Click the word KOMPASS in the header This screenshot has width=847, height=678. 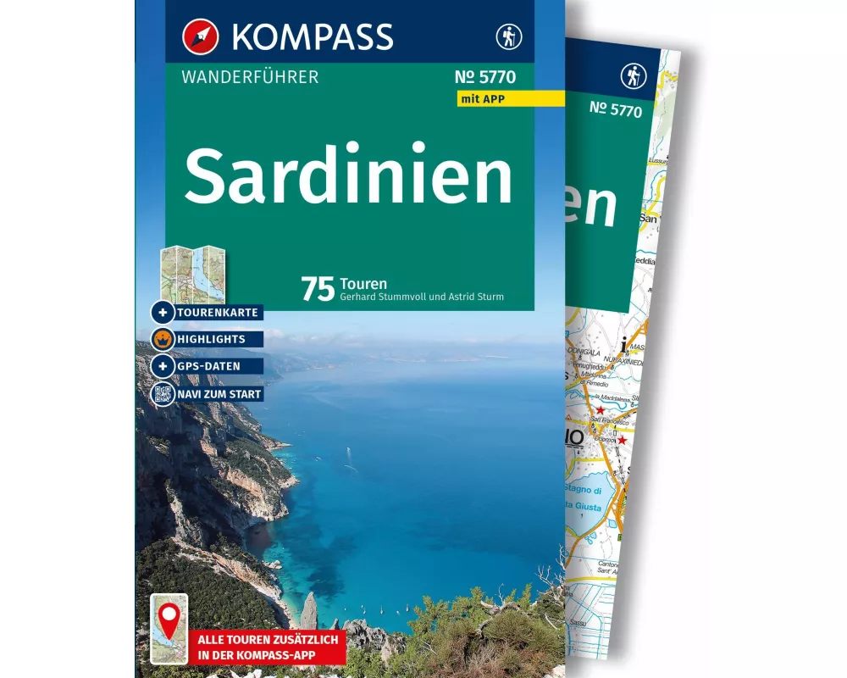pyautogui.click(x=311, y=36)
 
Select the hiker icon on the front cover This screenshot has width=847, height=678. pyautogui.click(x=509, y=36)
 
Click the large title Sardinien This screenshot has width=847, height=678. pyautogui.click(x=348, y=178)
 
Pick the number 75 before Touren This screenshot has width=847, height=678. pyautogui.click(x=318, y=289)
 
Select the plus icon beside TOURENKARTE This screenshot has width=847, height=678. pyautogui.click(x=162, y=313)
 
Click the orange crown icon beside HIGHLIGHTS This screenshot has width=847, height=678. pyautogui.click(x=162, y=339)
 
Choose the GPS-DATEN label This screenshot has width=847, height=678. pyautogui.click(x=208, y=366)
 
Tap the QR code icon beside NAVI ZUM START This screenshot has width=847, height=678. pyautogui.click(x=162, y=393)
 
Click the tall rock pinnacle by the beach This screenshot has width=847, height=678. pyautogui.click(x=309, y=609)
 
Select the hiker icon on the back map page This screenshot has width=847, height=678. pyautogui.click(x=633, y=76)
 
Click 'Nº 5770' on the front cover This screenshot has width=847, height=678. pyautogui.click(x=484, y=78)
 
